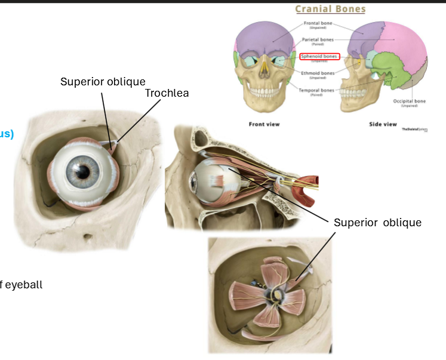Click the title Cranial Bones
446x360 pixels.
(330, 9)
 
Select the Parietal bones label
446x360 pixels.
(317, 40)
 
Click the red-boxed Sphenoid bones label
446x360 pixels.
(319, 57)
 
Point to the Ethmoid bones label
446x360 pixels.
(318, 73)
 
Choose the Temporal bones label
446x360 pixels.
(318, 91)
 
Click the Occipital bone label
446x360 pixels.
(409, 101)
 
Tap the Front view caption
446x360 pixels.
(264, 124)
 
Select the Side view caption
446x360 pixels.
(382, 124)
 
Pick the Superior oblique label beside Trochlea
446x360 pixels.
(103, 81)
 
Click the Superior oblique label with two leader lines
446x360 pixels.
(377, 223)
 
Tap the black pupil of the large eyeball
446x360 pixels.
(83, 171)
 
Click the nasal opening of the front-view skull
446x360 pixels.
(263, 73)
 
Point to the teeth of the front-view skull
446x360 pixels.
(263, 92)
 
